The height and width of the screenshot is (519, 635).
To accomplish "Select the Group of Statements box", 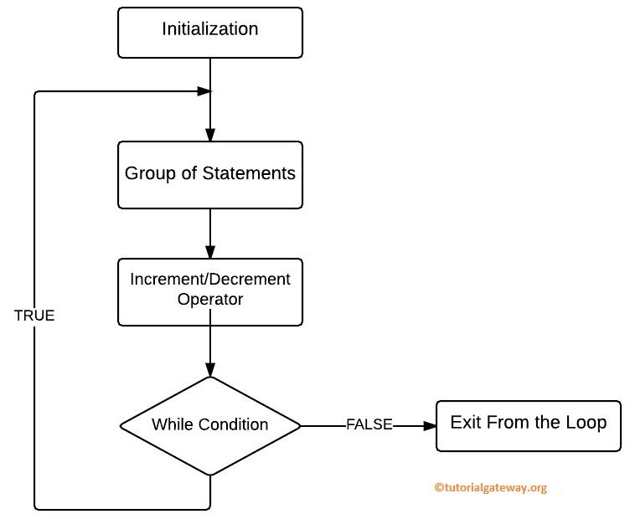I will (209, 174).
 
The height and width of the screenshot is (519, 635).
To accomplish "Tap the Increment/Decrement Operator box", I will (209, 290).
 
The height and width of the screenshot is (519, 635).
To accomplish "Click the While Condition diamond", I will (209, 425).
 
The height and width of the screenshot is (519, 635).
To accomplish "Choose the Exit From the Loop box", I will (528, 425).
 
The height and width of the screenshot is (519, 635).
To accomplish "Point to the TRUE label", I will (34, 316).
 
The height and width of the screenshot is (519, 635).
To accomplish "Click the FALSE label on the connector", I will (369, 425).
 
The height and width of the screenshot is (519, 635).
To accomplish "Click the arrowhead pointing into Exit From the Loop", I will (430, 425).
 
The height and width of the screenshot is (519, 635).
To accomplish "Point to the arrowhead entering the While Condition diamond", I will (209, 369).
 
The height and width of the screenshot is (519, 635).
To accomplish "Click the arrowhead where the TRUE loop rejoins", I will (204, 90).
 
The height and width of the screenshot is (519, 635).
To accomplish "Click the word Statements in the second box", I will (252, 174).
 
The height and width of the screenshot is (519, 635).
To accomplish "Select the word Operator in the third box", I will (209, 300).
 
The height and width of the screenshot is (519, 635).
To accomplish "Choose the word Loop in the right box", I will (588, 422).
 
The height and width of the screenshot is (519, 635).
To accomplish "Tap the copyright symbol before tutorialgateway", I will (437, 488).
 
